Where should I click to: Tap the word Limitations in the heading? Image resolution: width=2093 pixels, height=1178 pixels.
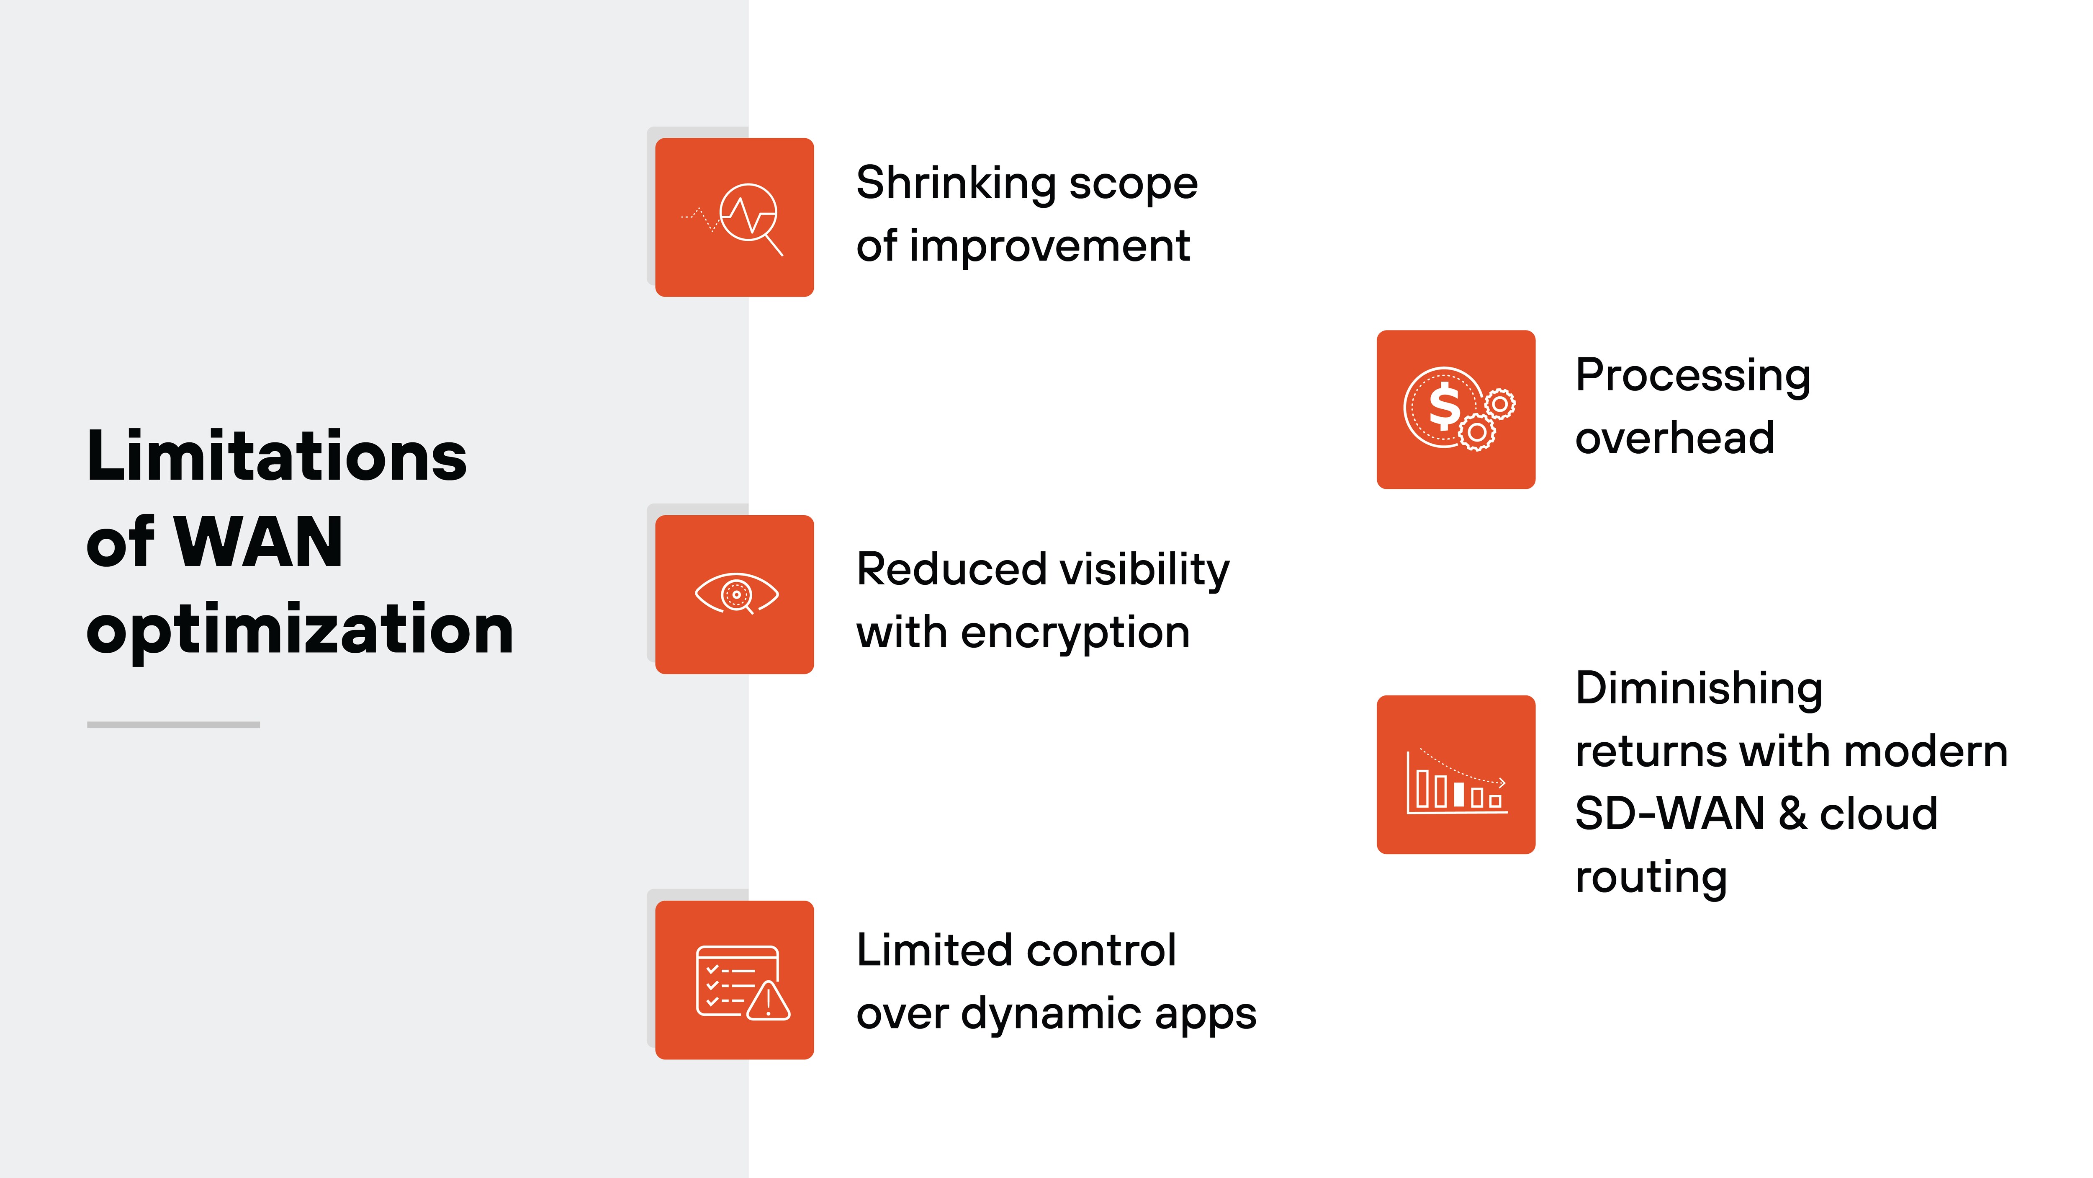coord(276,456)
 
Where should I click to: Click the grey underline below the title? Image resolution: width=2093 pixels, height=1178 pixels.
coord(173,724)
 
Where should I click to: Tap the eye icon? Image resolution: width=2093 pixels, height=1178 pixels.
coord(736,594)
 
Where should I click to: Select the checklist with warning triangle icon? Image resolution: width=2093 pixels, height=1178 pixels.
coord(741,981)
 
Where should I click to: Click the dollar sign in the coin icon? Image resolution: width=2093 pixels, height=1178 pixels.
coord(1444,407)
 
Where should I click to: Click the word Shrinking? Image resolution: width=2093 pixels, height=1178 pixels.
coord(956,184)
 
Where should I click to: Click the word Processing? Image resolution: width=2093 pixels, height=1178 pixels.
coord(1692,377)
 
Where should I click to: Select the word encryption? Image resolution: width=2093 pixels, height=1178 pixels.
coord(1075,633)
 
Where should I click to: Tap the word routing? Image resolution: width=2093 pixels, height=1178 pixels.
coord(1651,877)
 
